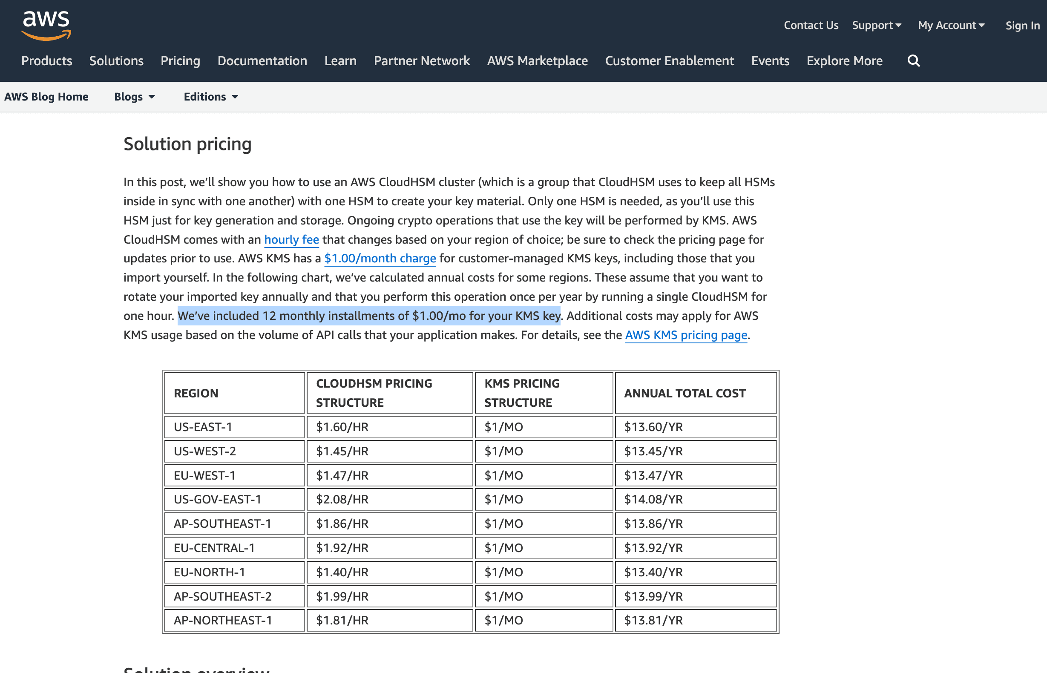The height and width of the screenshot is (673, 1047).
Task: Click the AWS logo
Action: [x=46, y=26]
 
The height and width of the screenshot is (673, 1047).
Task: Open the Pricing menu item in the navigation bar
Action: [x=180, y=61]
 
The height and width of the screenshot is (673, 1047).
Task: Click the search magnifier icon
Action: [x=913, y=61]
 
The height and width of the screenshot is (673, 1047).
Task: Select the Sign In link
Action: [x=1022, y=26]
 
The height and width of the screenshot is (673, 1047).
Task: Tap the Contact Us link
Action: [x=811, y=26]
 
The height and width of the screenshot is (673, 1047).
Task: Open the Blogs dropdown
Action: [x=134, y=97]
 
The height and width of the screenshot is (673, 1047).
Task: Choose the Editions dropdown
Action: [x=210, y=97]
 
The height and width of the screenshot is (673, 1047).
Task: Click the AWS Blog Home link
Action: [x=46, y=97]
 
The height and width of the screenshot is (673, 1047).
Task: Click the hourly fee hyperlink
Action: [x=291, y=239]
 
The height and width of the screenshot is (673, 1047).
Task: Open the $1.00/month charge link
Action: [x=380, y=258]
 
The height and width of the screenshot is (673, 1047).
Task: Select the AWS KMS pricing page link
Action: [x=686, y=335]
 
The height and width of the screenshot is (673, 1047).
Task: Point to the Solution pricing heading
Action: [x=187, y=144]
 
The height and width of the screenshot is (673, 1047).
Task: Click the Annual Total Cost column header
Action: [x=685, y=393]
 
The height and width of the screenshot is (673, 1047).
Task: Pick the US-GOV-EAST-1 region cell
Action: [x=217, y=500]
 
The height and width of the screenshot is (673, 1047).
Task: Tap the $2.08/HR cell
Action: [x=342, y=500]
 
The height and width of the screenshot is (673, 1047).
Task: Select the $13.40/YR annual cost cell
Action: [x=653, y=572]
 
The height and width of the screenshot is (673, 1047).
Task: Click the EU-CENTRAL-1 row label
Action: [x=214, y=548]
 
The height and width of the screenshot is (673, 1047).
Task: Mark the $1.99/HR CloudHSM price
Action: [x=342, y=596]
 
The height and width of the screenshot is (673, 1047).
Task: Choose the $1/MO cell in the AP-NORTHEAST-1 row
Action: [x=503, y=621]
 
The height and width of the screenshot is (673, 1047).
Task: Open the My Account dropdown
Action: [x=951, y=26]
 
